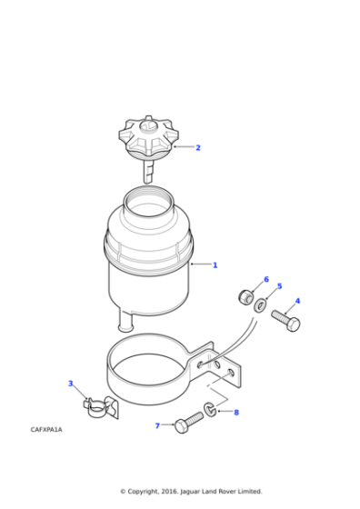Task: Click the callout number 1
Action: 215,265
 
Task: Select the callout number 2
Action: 198,147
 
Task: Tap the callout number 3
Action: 70,384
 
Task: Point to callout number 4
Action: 297,301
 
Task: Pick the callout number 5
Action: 279,286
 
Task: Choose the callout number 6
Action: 266,279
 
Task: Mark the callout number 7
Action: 156,425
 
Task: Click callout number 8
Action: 236,412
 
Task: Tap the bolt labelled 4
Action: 285,320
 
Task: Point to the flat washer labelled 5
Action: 261,304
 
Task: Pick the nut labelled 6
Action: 245,296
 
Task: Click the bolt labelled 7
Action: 186,423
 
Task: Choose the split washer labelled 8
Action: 210,411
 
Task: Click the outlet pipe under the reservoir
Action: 125,320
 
